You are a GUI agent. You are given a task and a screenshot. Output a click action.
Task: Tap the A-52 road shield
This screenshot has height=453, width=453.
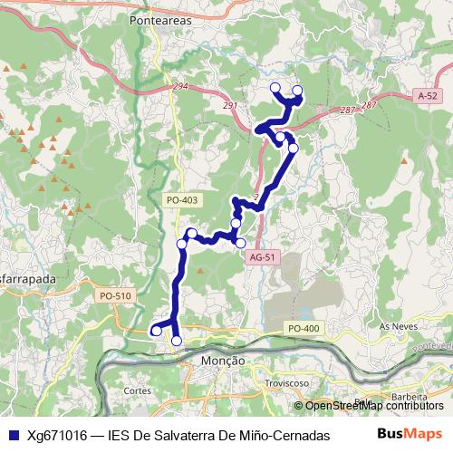428,95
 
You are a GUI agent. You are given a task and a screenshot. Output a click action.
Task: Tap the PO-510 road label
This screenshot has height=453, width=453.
116,296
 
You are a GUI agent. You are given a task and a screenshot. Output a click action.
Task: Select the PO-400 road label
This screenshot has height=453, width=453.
304,327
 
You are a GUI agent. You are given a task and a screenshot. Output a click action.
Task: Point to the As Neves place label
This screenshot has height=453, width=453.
397,325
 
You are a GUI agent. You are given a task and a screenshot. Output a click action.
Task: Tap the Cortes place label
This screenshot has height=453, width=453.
137,390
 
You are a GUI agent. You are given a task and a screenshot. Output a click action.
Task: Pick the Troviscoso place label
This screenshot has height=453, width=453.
283,383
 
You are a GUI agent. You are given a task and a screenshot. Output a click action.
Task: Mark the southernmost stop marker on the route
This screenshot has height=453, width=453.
177,341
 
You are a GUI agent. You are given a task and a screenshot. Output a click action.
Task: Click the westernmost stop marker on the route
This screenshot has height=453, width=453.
156,332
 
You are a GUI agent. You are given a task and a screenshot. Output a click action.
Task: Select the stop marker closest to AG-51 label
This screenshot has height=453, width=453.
240,243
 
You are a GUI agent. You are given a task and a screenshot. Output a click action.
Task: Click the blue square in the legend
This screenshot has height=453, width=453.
13,434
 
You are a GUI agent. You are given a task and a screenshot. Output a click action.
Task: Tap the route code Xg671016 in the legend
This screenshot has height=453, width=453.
57,434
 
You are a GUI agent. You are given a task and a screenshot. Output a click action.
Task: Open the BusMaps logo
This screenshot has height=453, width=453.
409,433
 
